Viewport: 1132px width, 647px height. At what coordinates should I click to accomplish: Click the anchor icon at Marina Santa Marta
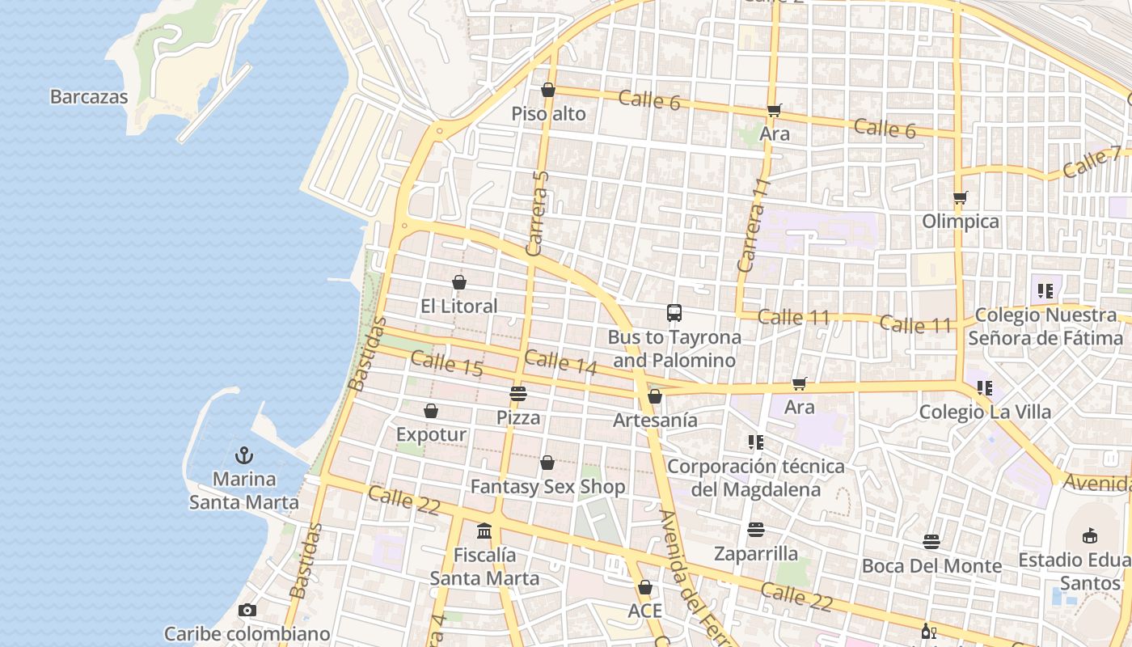coord(243,455)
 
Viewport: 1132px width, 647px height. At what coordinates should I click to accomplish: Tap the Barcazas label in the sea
coord(89,97)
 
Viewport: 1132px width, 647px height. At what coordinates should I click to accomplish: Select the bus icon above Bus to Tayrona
coord(674,313)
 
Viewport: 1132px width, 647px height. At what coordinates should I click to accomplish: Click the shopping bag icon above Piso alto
coord(548,90)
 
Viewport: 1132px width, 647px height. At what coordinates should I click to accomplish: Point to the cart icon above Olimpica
coord(960,197)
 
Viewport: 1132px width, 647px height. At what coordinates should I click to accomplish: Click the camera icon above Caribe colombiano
coord(247,610)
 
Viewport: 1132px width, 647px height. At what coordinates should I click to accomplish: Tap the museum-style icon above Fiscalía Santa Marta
coord(484,531)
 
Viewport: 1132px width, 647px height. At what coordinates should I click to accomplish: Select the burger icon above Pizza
coord(517,394)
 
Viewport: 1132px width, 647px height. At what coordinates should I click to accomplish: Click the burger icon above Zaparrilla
coord(756,530)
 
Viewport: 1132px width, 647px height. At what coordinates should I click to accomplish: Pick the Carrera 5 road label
coord(538,214)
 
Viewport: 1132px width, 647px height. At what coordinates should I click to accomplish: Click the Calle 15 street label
coord(446,364)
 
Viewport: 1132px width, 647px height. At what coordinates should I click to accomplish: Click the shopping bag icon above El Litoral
coord(459,282)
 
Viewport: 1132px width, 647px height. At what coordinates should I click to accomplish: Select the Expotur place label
coord(431,435)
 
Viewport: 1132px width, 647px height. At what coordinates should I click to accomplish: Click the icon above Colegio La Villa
coord(984,388)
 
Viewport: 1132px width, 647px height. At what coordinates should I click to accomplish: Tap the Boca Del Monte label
coord(931,565)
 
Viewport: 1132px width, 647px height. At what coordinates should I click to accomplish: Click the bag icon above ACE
coord(644,587)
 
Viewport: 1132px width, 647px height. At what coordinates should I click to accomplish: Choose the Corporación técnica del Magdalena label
coord(755,477)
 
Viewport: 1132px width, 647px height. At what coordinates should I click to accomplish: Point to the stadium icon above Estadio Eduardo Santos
coord(1089,535)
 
